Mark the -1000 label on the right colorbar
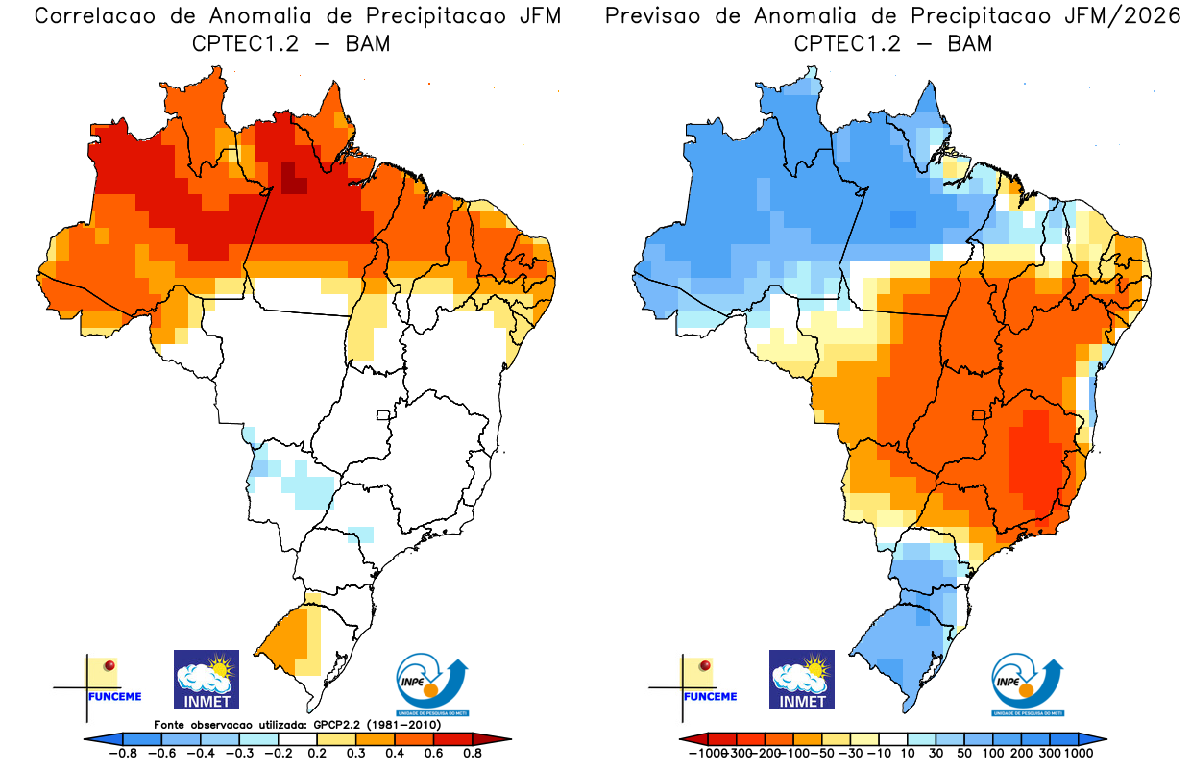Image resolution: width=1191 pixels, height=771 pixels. click(707, 753)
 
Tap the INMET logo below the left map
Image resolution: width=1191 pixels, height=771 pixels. click(207, 680)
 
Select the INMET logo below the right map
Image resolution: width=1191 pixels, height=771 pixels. click(802, 680)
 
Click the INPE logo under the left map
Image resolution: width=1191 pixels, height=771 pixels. click(433, 685)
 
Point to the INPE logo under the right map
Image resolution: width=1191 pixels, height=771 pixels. click(1028, 685)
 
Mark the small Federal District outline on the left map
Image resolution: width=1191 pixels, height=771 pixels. click(383, 415)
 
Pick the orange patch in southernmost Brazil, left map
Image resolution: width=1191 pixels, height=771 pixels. click(291, 635)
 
